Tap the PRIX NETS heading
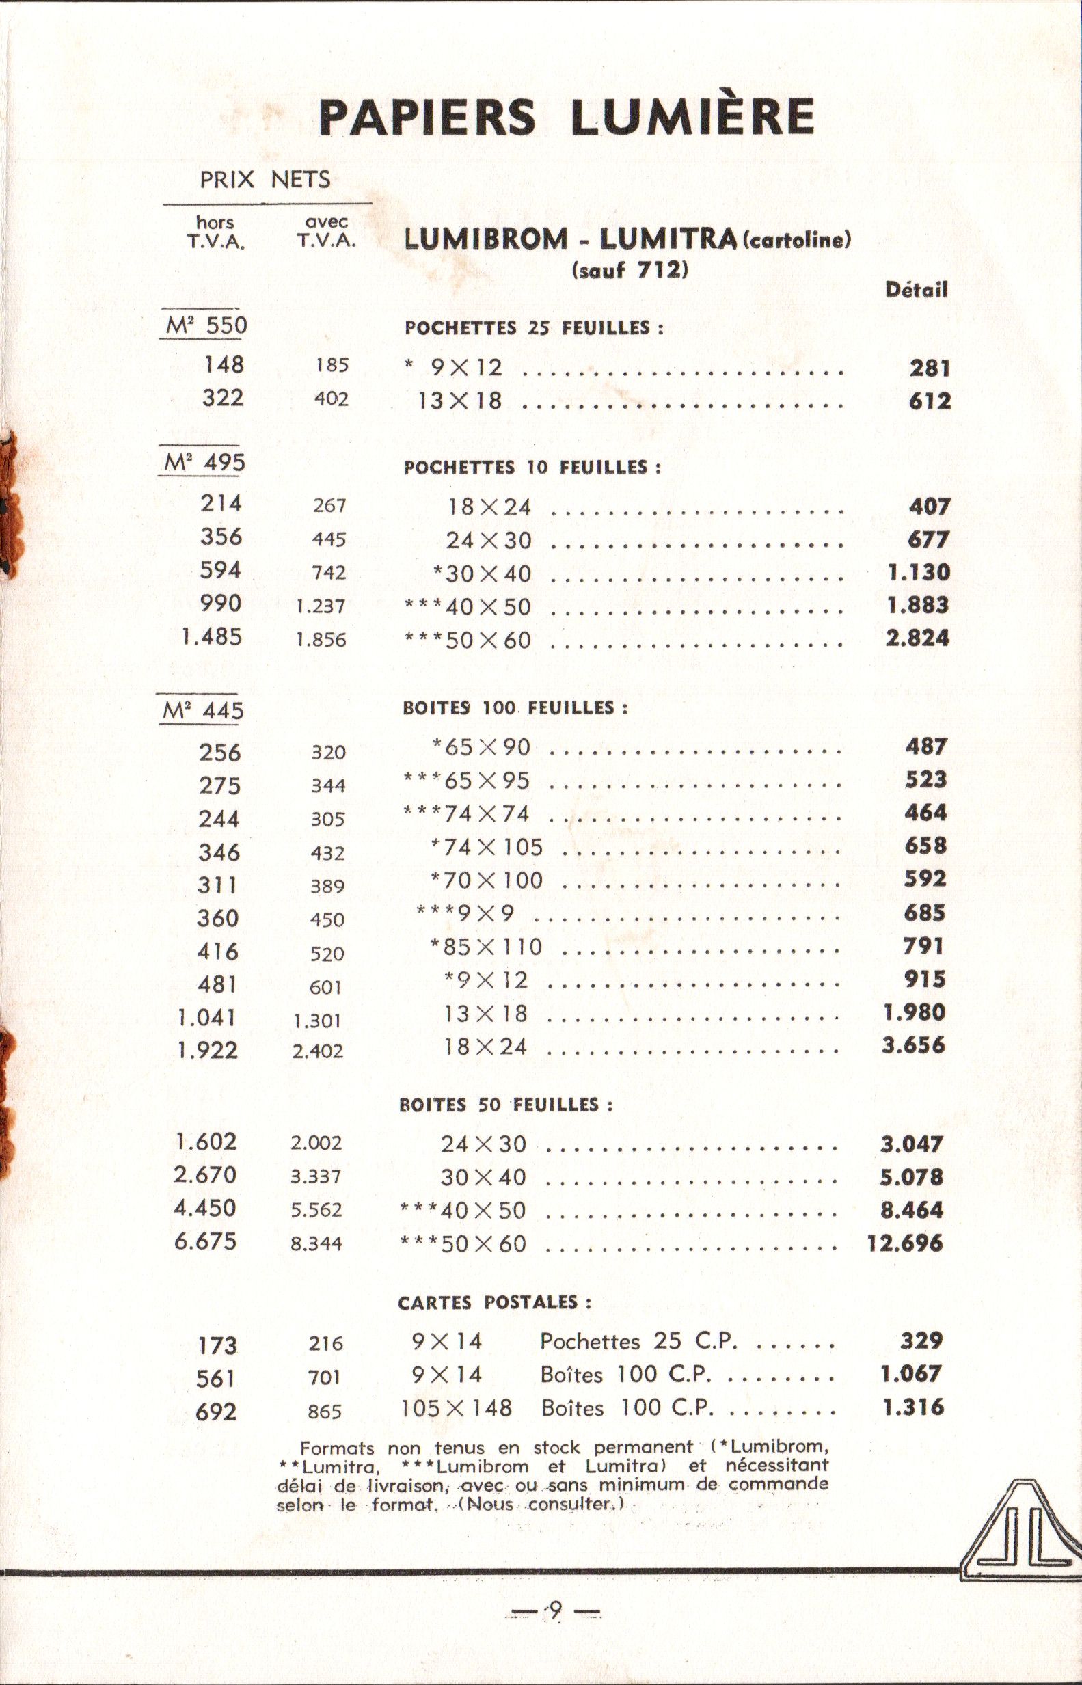[x=265, y=179]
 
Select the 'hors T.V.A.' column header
[x=215, y=232]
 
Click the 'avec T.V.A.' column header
[x=326, y=232]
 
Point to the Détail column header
[x=916, y=290]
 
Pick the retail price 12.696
[x=904, y=1243]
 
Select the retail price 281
[x=929, y=368]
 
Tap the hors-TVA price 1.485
[x=211, y=637]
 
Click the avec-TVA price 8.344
[x=317, y=1243]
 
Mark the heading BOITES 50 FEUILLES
[x=506, y=1105]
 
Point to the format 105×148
[x=457, y=1407]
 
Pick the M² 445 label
[x=204, y=711]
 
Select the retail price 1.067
[x=911, y=1374]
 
